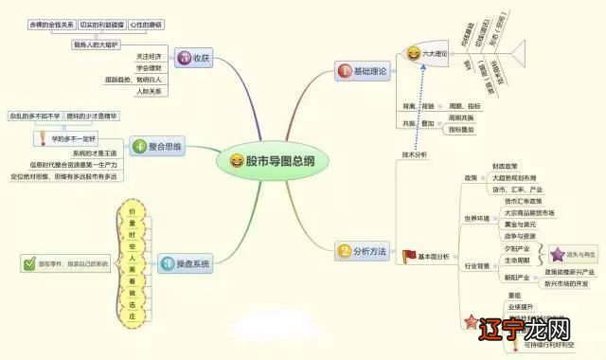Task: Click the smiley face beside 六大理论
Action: [x=413, y=56]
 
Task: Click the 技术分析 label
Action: [x=415, y=153]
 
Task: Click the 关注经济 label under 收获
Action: [x=150, y=57]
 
